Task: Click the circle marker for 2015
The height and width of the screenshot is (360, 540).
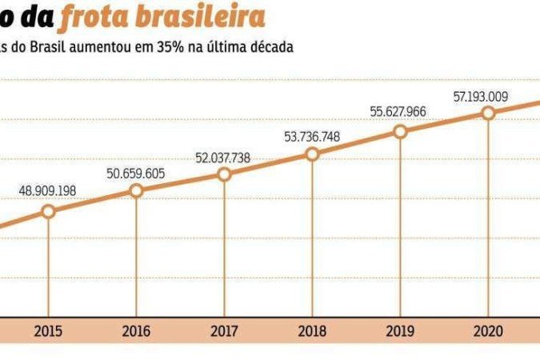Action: coord(48,211)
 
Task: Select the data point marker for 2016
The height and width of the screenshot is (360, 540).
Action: coord(136,190)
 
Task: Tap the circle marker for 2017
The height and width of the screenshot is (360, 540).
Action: coord(225,174)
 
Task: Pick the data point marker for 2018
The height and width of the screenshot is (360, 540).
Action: coord(312,154)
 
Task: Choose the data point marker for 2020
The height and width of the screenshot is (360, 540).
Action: coord(488,113)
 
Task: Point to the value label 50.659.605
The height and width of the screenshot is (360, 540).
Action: coord(136,172)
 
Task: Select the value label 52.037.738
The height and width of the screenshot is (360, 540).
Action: coord(223,157)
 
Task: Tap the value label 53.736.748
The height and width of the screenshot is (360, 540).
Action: coord(312,136)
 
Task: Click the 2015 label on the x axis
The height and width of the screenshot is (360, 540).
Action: coord(48,330)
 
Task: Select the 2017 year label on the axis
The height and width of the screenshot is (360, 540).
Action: coord(224,330)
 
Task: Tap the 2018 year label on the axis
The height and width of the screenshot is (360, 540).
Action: coord(312,330)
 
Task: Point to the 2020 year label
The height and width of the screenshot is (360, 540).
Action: coord(488,330)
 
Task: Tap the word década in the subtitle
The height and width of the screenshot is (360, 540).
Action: coord(270,46)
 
